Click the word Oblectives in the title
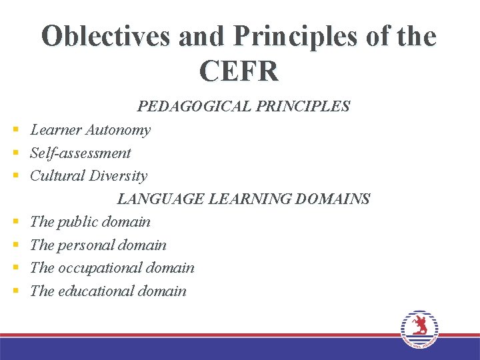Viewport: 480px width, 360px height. tap(106, 37)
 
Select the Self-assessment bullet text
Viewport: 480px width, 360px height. tap(81, 153)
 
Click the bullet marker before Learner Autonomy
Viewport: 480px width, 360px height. tap(14, 131)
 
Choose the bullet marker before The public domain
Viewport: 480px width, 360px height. tap(14, 223)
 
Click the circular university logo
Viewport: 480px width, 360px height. tap(419, 329)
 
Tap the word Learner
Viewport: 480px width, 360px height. tap(55, 130)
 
